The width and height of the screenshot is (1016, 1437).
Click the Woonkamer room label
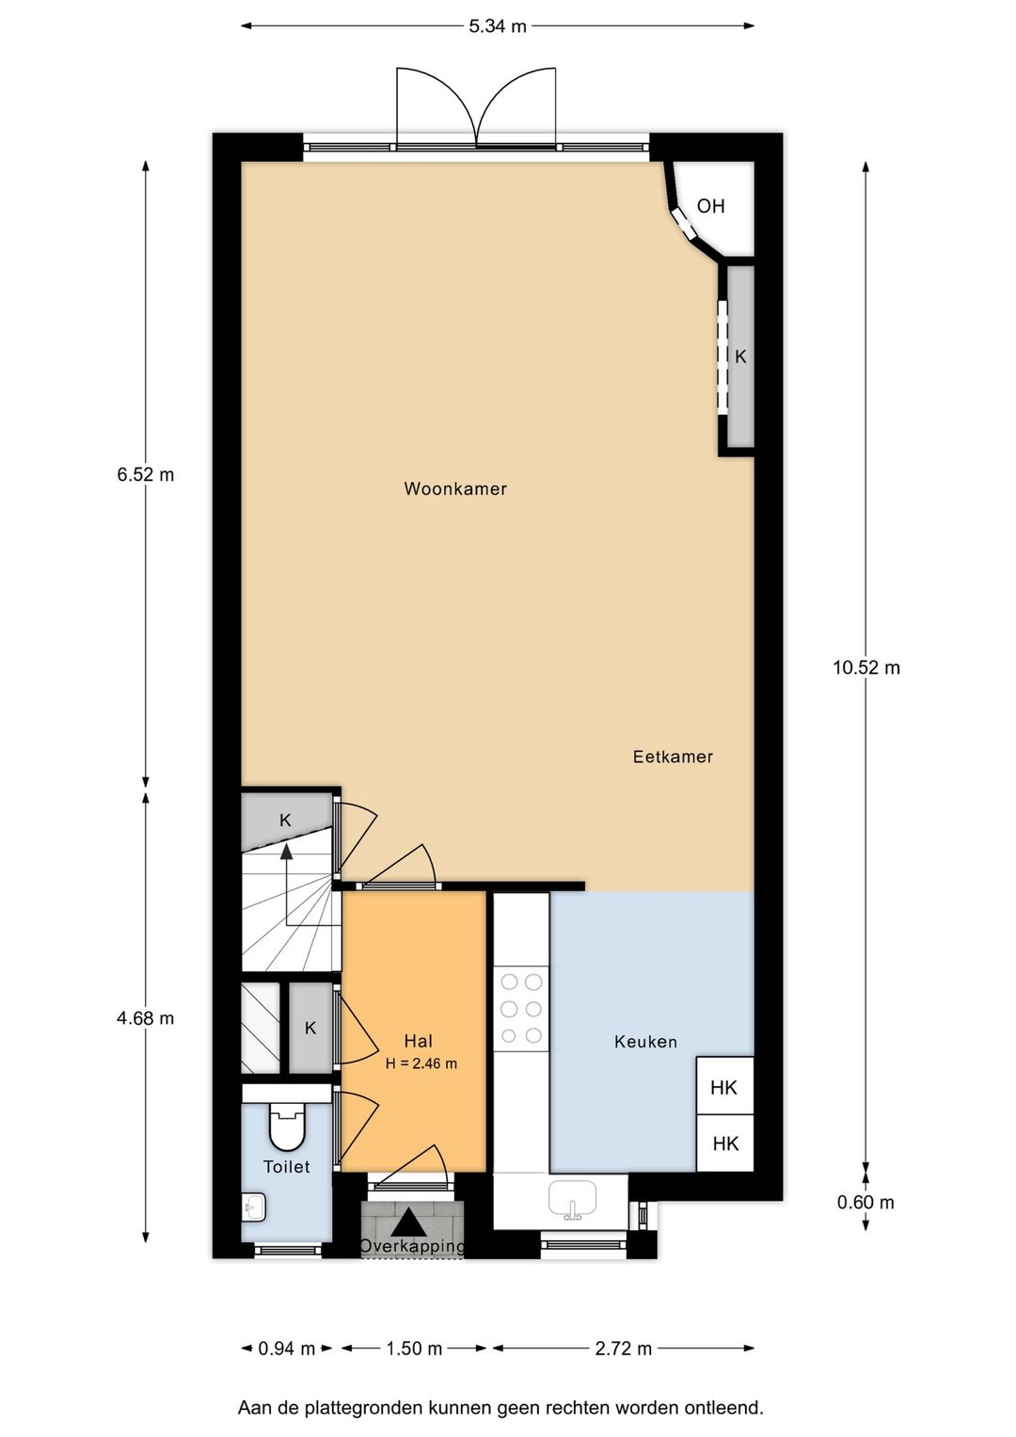[455, 488]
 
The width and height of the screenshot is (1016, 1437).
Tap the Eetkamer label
[673, 757]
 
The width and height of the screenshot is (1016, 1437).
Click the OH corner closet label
[710, 206]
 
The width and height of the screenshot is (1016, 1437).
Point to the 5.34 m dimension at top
[497, 26]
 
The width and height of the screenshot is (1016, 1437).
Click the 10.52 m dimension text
[865, 668]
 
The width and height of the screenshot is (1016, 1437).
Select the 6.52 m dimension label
[146, 474]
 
